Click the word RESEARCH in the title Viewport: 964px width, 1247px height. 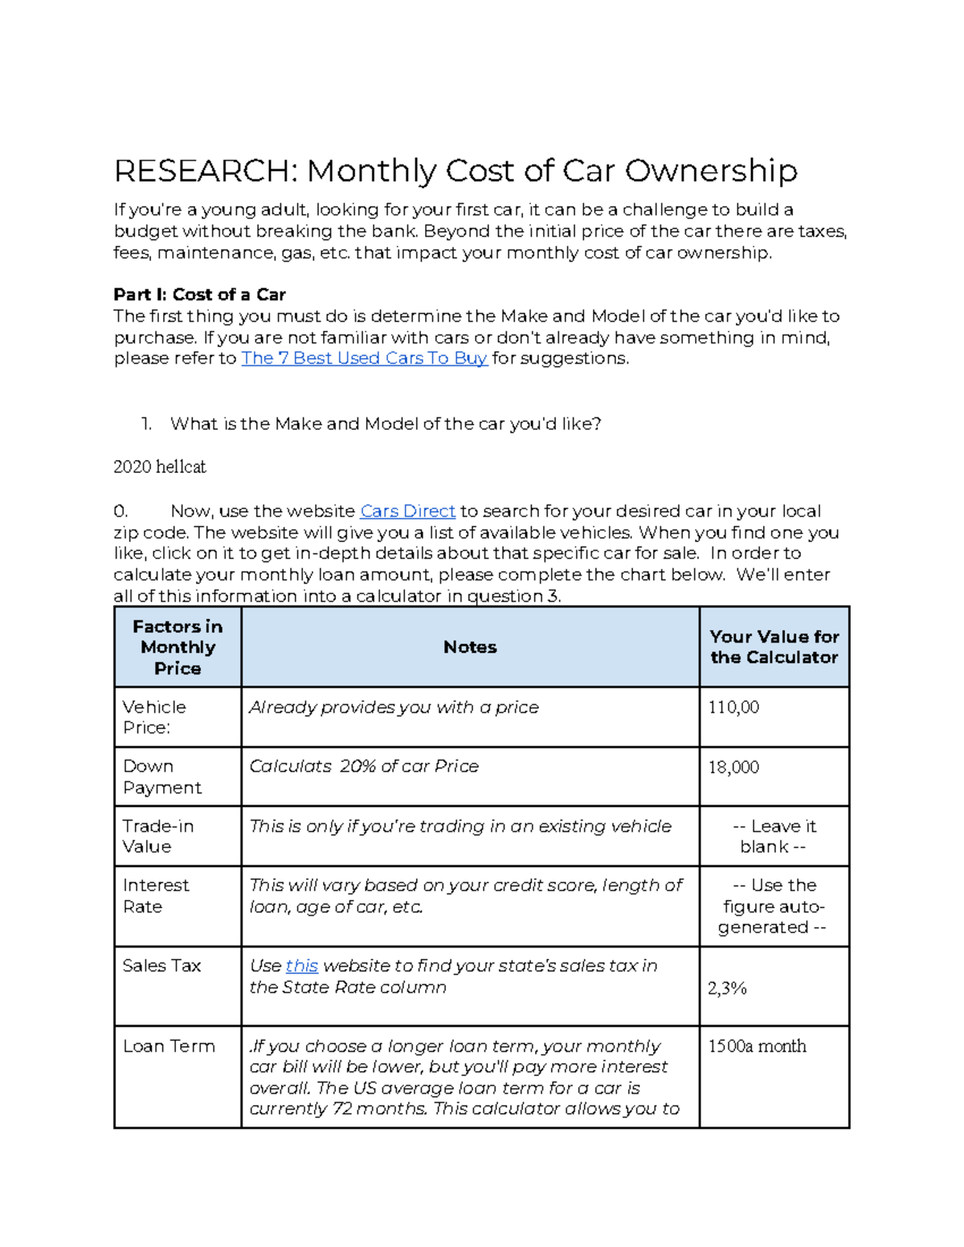pos(206,171)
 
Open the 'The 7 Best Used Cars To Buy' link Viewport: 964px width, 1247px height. pos(364,358)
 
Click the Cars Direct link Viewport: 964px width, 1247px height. pos(407,511)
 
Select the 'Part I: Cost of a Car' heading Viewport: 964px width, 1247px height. pos(199,295)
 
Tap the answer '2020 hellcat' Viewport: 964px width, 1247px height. pos(159,467)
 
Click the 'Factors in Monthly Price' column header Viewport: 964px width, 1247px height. pos(178,647)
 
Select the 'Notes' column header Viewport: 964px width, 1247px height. pos(470,647)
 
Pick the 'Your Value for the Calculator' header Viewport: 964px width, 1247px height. pos(774,647)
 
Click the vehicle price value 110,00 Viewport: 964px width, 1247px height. pos(733,707)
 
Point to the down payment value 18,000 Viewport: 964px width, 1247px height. pos(733,768)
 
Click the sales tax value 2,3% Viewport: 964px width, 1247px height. pos(727,988)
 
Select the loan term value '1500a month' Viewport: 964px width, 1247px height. pos(757,1046)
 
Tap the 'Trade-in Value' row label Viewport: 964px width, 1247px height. pos(158,836)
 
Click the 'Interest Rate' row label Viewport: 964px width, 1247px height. pos(156,895)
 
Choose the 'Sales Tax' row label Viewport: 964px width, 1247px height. pos(161,966)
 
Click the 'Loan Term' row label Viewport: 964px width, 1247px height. pos(169,1046)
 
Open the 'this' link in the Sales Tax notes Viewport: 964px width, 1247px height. pos(301,966)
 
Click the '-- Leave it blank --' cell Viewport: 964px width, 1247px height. pos(774,836)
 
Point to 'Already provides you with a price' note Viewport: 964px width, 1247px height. pos(394,707)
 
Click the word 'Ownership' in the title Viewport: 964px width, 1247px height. pos(711,171)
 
